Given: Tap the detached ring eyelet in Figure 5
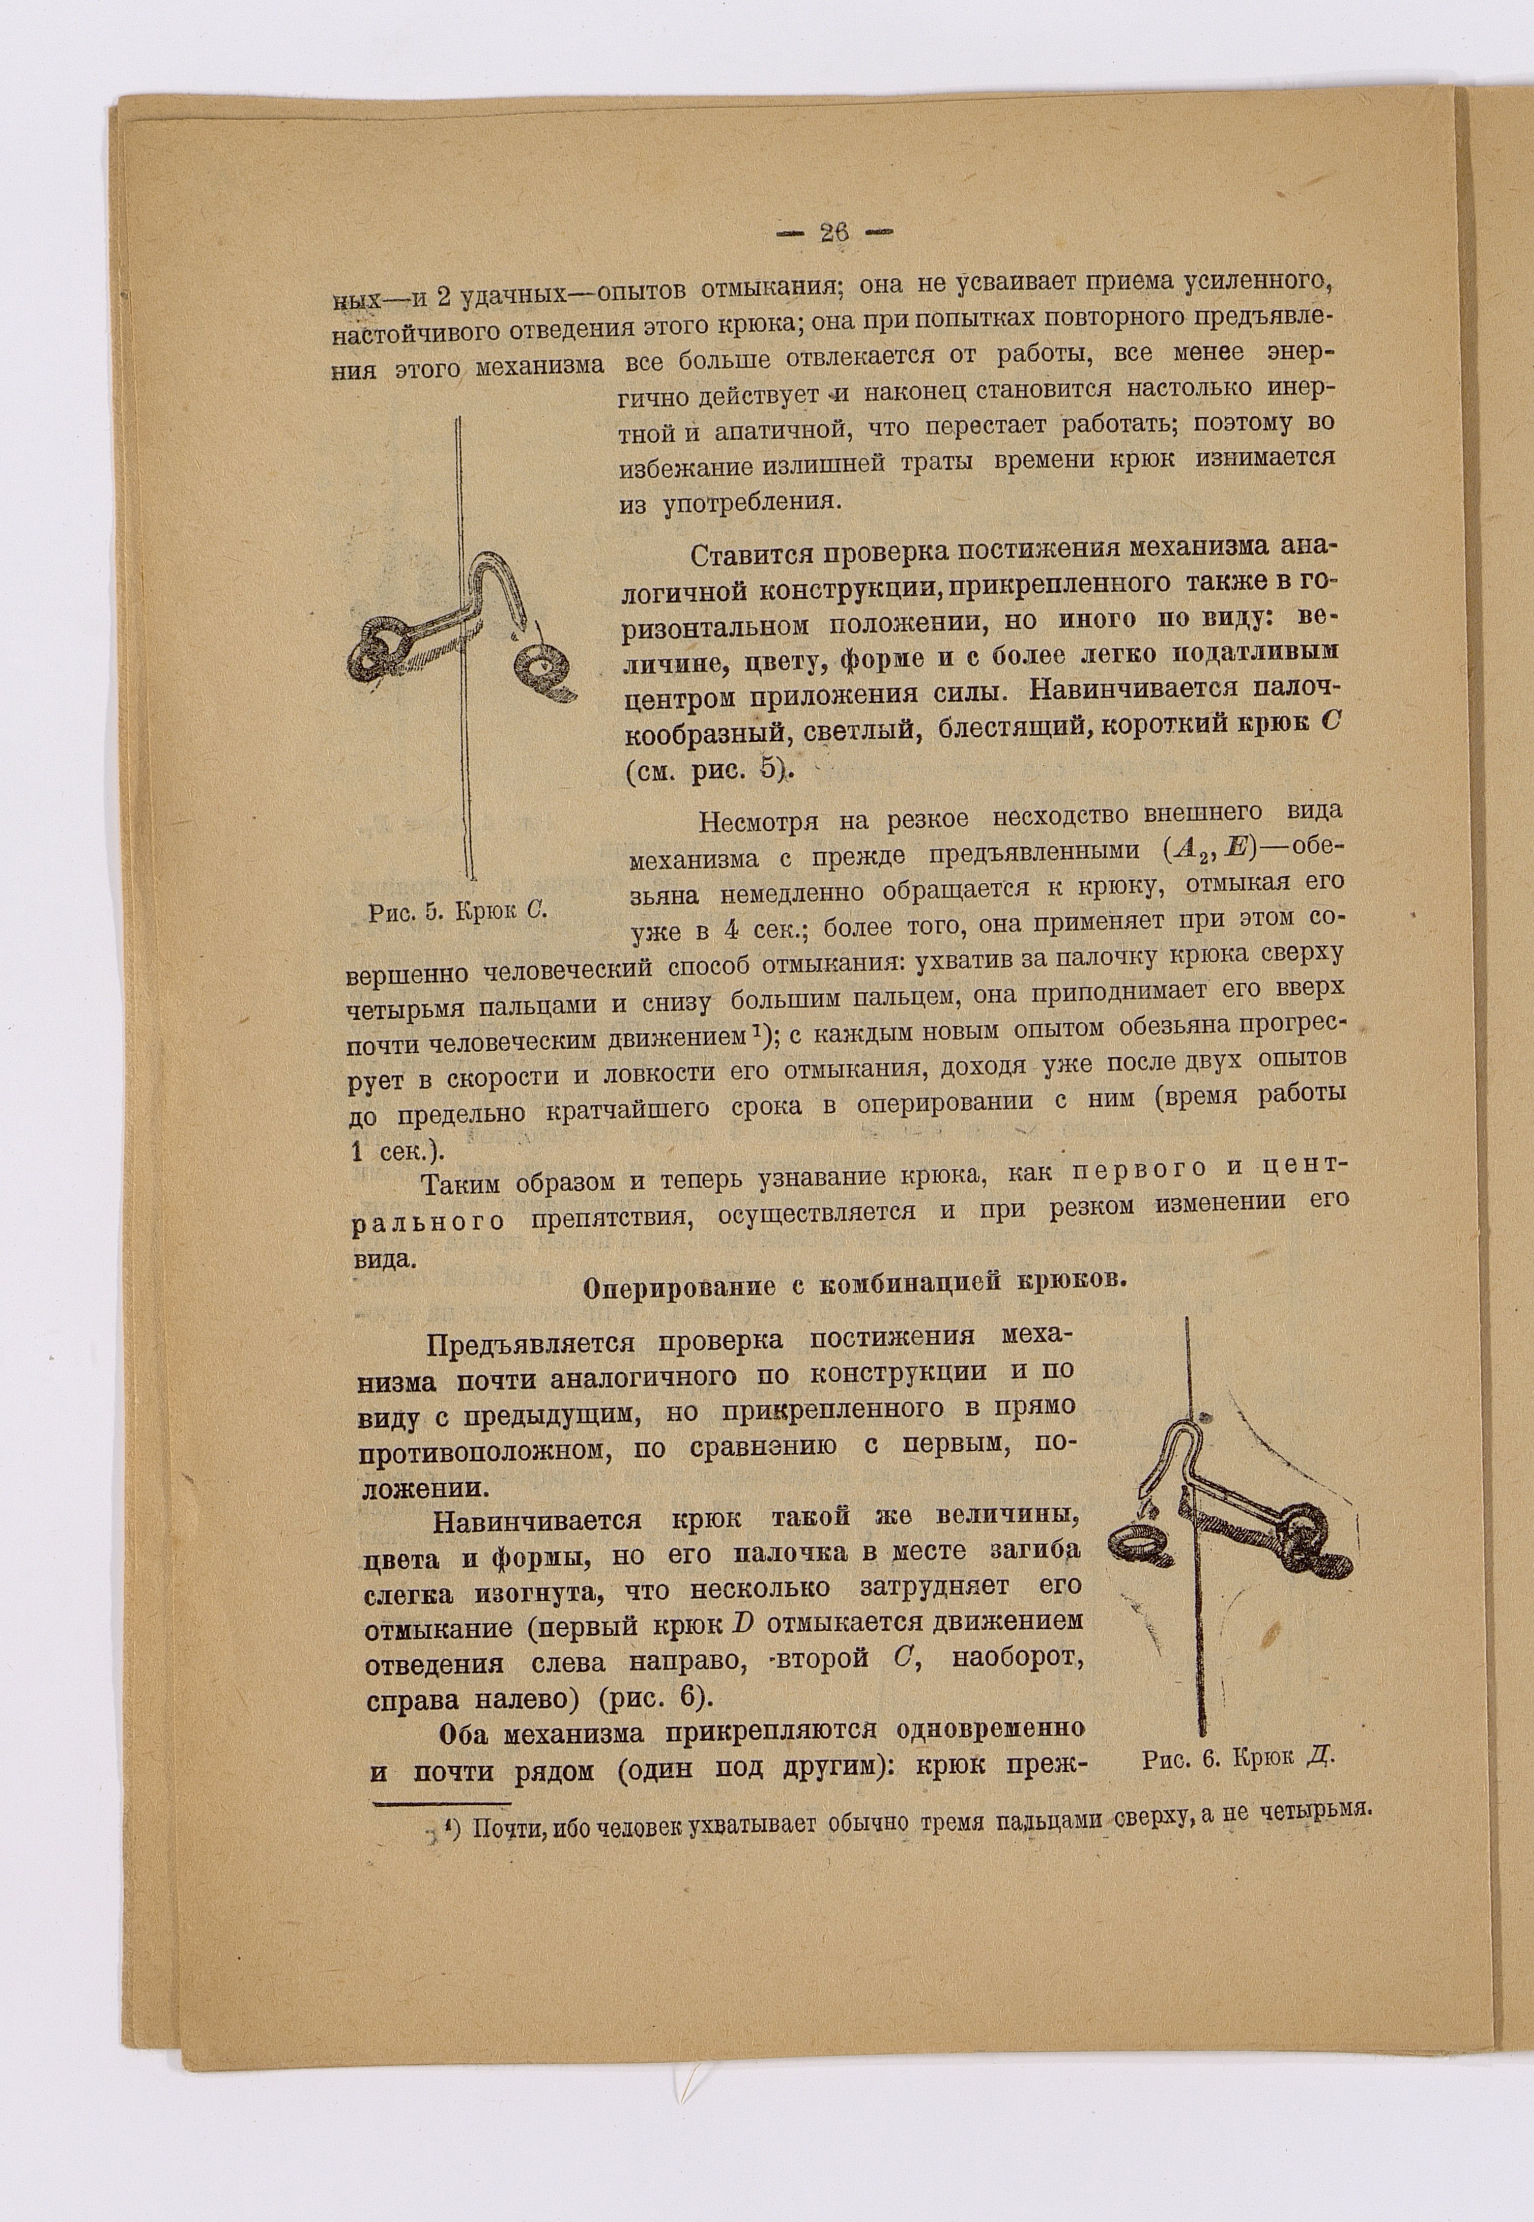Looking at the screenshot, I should click(x=543, y=668).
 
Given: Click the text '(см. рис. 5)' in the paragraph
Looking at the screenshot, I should click(x=707, y=769).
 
